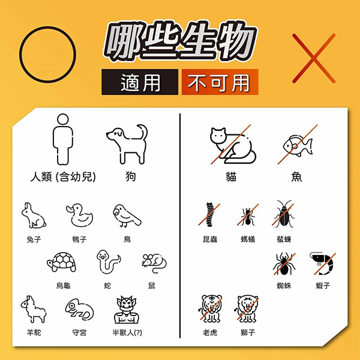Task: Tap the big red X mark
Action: (x=314, y=58)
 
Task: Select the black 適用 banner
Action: (x=140, y=82)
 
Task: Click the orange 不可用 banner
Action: (x=220, y=82)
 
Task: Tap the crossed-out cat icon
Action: (x=233, y=145)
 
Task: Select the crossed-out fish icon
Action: (x=298, y=145)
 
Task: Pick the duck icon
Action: (x=80, y=216)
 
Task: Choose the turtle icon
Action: (x=62, y=262)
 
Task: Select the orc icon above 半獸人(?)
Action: (x=127, y=310)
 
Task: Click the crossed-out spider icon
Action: (x=284, y=263)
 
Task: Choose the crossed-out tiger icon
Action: (x=211, y=309)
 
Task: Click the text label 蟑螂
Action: (x=284, y=239)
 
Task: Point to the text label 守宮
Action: (x=79, y=332)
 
